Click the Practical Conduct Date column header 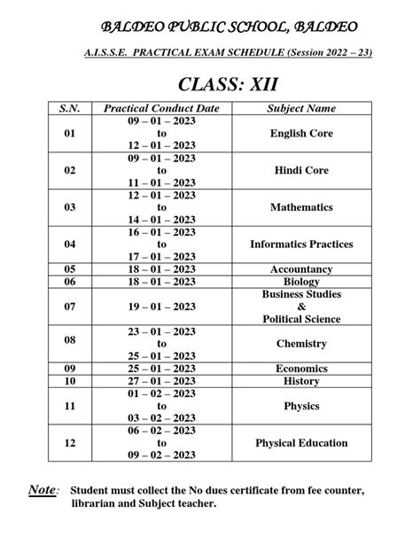[x=161, y=108]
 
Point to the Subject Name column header [x=301, y=108]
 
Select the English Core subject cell [x=301, y=134]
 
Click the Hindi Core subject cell [x=301, y=170]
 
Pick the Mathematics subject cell [x=301, y=207]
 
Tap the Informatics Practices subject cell [x=301, y=244]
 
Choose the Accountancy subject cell [x=301, y=269]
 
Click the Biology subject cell [x=301, y=282]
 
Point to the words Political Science [x=301, y=318]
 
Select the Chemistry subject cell [x=301, y=344]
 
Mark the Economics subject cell [x=301, y=369]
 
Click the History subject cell [x=301, y=381]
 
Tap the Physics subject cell [x=301, y=406]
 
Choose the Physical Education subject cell [x=301, y=443]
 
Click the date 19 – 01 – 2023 [x=161, y=307]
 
